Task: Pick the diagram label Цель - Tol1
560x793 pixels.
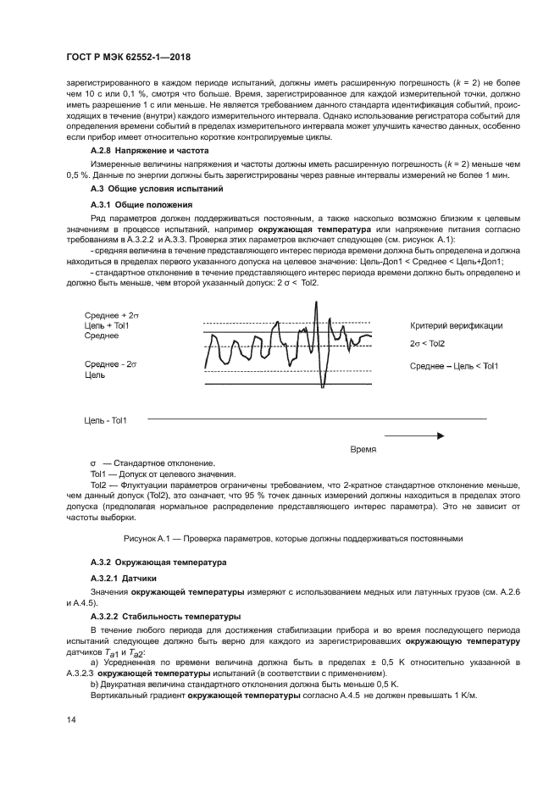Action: pyautogui.click(x=105, y=419)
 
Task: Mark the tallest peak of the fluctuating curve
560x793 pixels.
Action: pyautogui.click(x=316, y=302)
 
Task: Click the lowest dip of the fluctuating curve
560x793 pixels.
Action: pyautogui.click(x=322, y=386)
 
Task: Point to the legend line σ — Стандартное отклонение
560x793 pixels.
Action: pyautogui.click(x=152, y=463)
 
